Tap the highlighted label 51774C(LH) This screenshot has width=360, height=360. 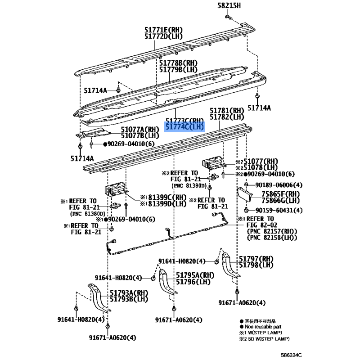coord(185,127)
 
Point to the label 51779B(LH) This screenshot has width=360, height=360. coord(178,70)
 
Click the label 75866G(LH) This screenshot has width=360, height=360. coord(281,201)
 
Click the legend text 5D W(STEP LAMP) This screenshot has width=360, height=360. coord(268,338)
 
